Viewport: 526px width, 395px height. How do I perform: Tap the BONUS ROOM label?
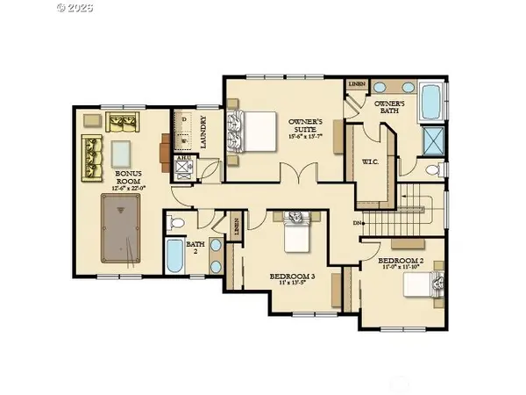pos(130,178)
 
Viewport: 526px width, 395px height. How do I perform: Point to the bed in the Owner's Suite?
pos(248,133)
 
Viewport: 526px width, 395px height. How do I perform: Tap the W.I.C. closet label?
pos(369,161)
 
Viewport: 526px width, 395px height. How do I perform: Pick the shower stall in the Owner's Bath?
pos(432,140)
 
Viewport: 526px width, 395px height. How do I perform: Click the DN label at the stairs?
pos(359,222)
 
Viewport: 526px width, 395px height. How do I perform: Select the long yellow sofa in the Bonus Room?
pos(93,155)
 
